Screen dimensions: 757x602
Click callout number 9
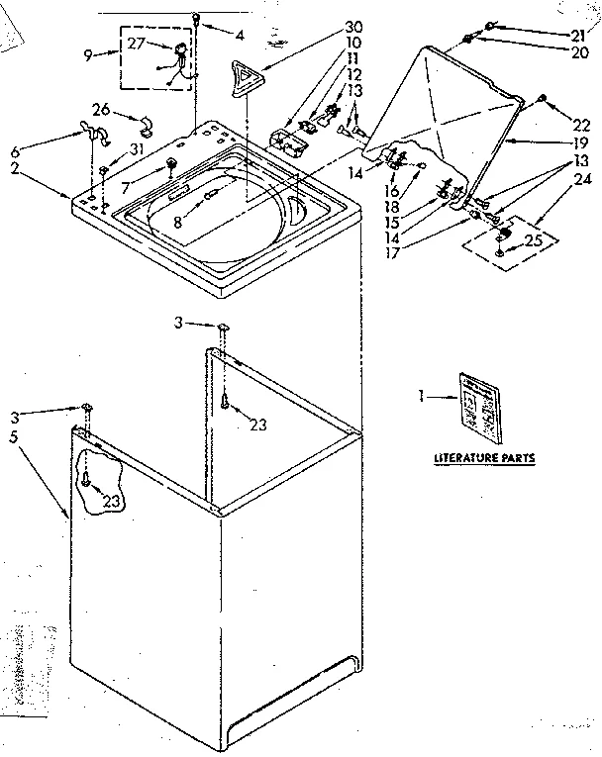(90, 56)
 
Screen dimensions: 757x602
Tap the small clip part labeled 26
(146, 125)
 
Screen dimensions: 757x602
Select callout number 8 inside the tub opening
(178, 223)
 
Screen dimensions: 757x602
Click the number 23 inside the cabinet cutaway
(112, 502)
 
